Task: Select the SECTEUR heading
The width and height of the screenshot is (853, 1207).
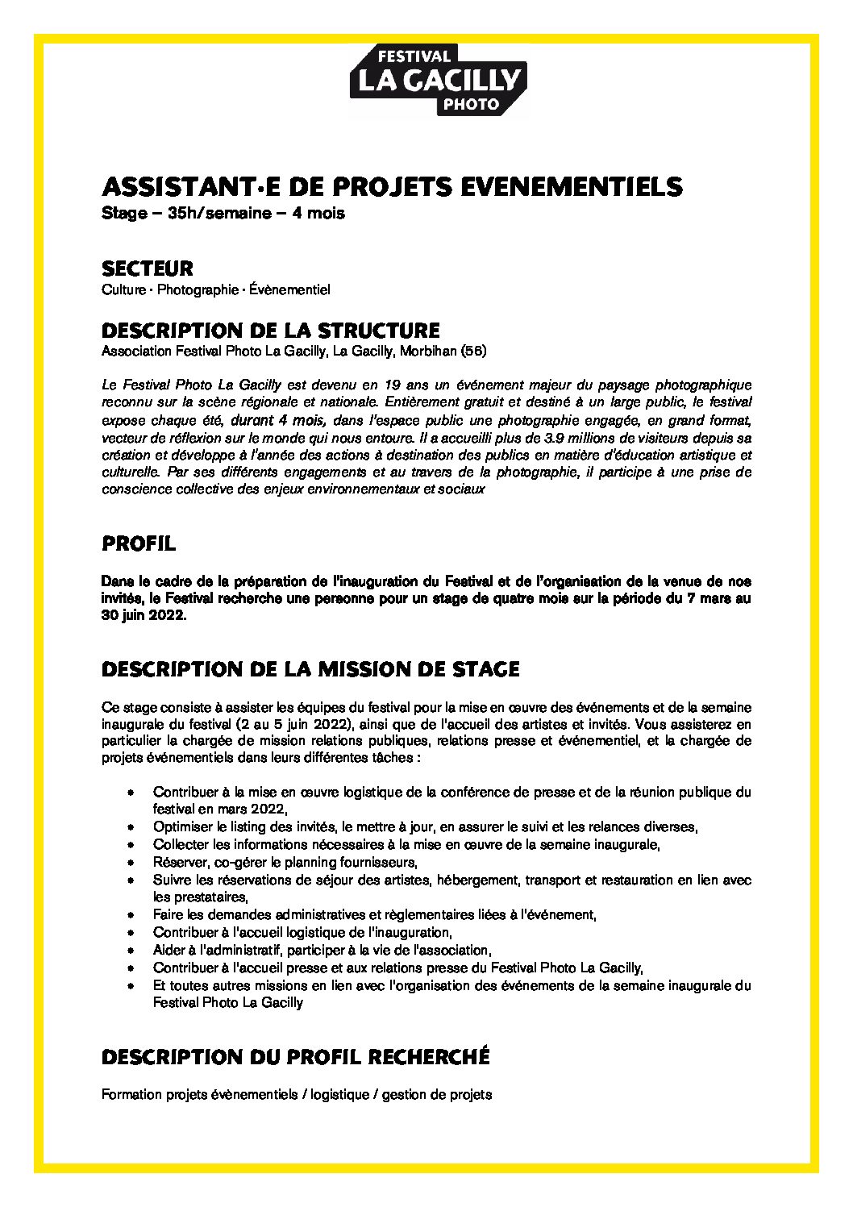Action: pyautogui.click(x=147, y=268)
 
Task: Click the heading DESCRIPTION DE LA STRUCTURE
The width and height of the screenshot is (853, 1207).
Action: pyautogui.click(x=270, y=331)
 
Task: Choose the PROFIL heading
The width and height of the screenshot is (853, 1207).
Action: pyautogui.click(x=139, y=544)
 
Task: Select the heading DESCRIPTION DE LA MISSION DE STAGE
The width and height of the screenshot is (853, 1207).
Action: pyautogui.click(x=310, y=669)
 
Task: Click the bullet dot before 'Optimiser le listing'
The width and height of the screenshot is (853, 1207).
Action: pyautogui.click(x=131, y=827)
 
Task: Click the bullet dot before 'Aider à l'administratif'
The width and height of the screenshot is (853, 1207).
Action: pyautogui.click(x=131, y=951)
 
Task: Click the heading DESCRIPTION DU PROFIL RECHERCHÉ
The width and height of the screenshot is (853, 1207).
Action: pyautogui.click(x=295, y=1056)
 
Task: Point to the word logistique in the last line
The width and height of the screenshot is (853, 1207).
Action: pyautogui.click(x=339, y=1096)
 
